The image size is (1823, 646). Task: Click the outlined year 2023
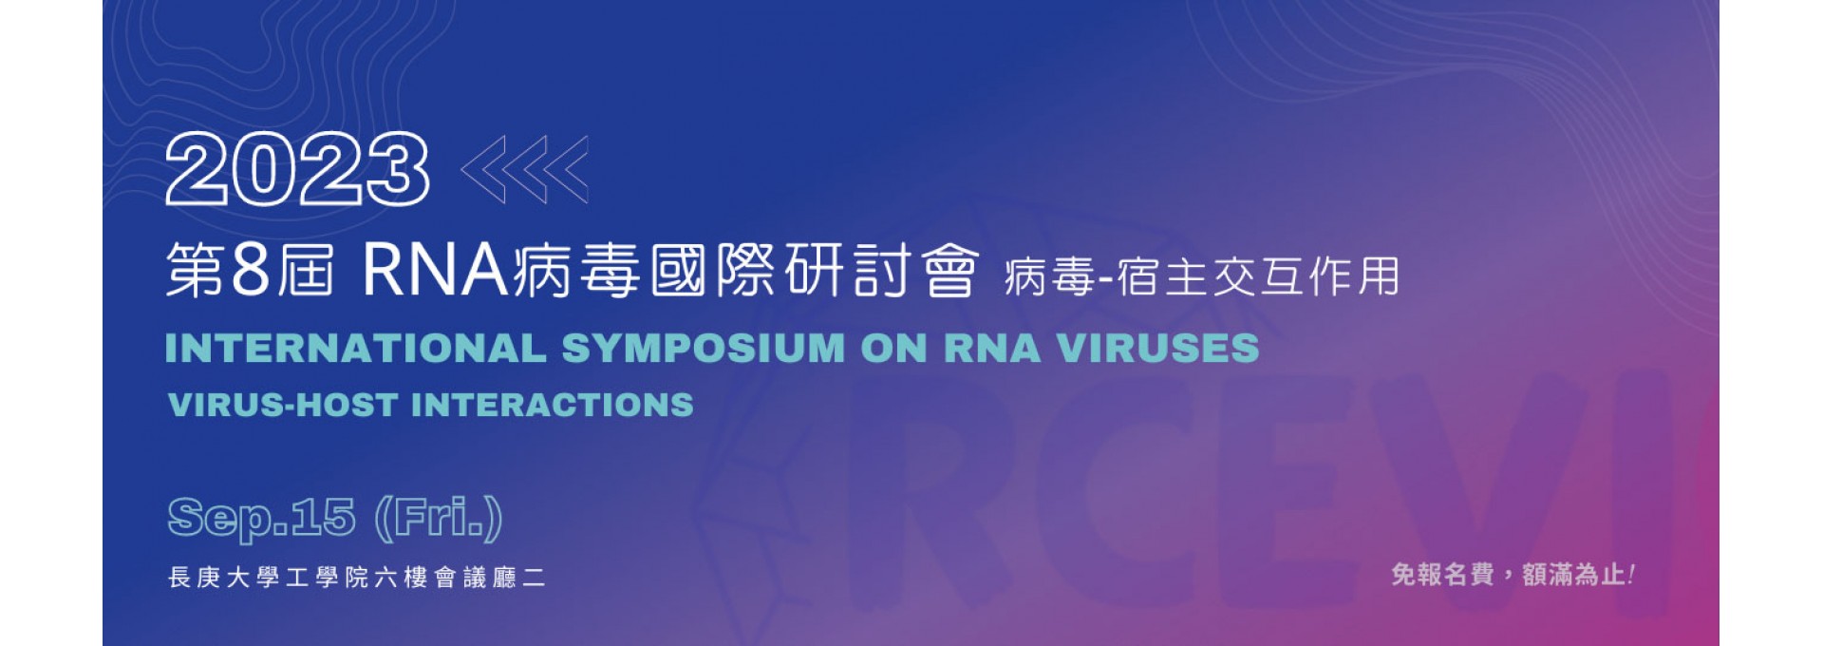pos(297,169)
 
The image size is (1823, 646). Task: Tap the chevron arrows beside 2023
pos(524,170)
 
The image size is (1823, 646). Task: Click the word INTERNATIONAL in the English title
pos(356,348)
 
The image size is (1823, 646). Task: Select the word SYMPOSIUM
pos(703,348)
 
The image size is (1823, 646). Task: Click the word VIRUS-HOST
pos(283,405)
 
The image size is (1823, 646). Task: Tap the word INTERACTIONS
pos(553,405)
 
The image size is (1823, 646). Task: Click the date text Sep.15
pos(261,518)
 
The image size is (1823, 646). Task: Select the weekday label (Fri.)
pos(438,519)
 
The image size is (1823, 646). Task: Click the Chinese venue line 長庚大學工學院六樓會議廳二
pos(356,578)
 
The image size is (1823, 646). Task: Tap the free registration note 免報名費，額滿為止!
pos(1513,575)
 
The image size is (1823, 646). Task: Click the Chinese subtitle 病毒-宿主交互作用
pos(1201,277)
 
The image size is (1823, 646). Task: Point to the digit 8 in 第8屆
pos(251,270)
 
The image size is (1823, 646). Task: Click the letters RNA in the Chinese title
pos(436,270)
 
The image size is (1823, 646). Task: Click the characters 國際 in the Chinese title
pos(714,270)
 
